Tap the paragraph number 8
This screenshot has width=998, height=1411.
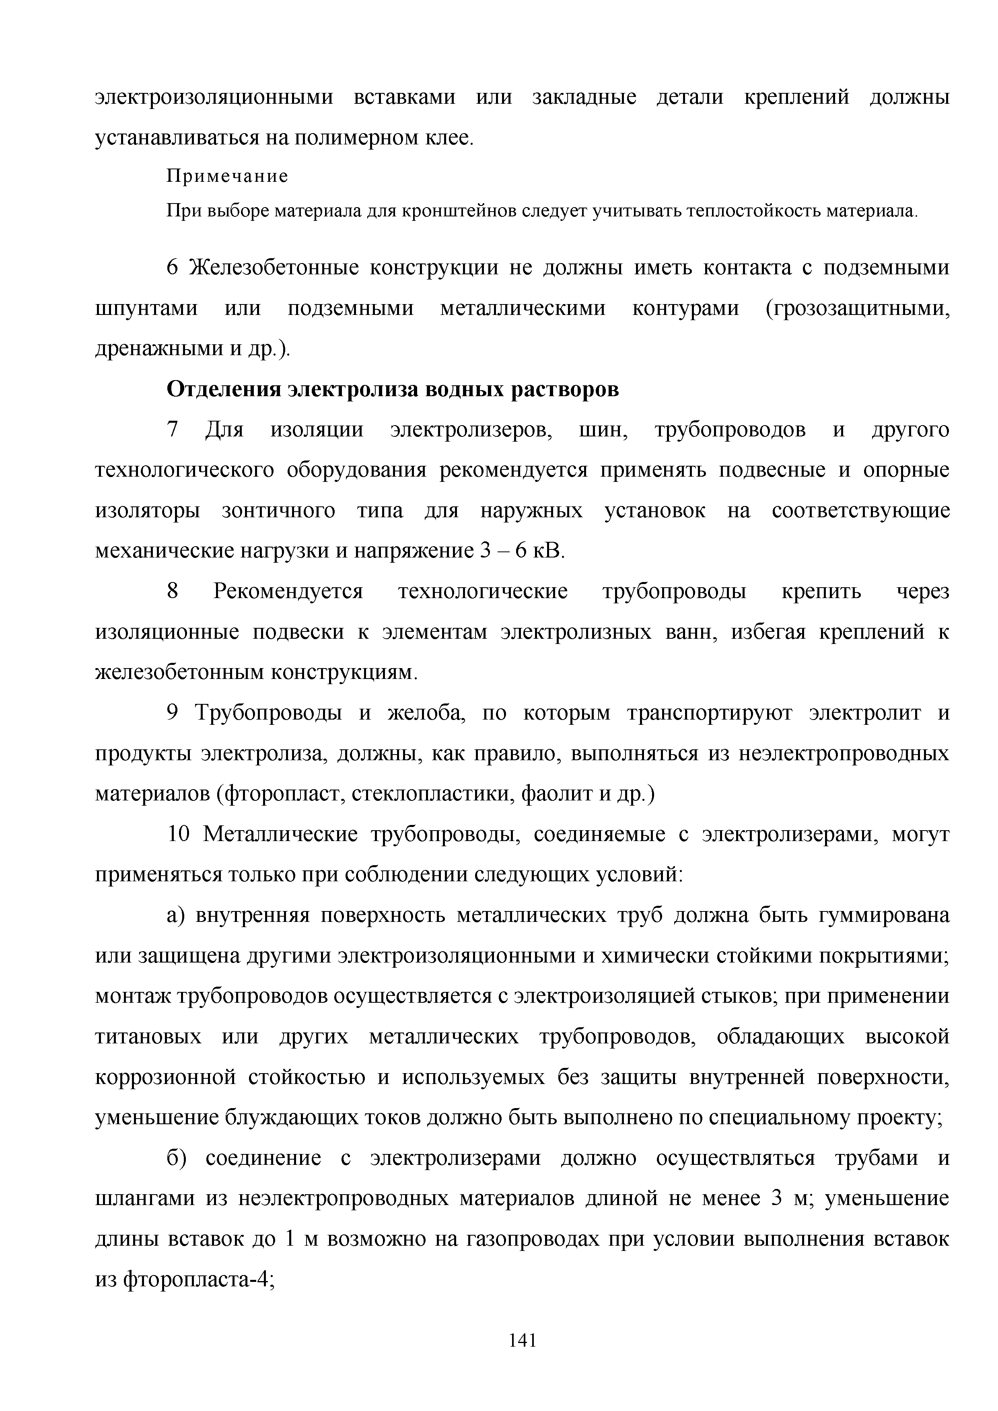pos(173,592)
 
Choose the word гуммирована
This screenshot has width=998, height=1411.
pos(884,916)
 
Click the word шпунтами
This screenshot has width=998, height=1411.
pos(146,309)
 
